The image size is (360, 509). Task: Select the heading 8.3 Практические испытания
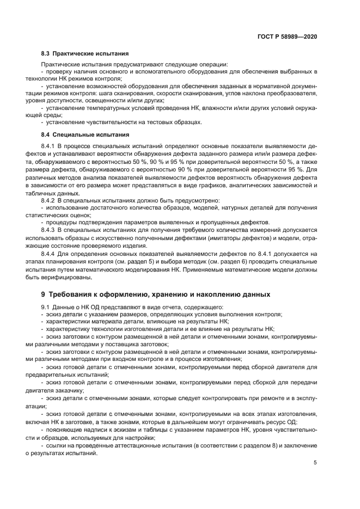tap(84, 54)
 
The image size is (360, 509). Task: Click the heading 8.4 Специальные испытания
tap(84, 134)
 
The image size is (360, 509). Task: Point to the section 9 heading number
tap(43, 294)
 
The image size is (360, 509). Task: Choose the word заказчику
tap(73, 391)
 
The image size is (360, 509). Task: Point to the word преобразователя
tap(290, 94)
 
